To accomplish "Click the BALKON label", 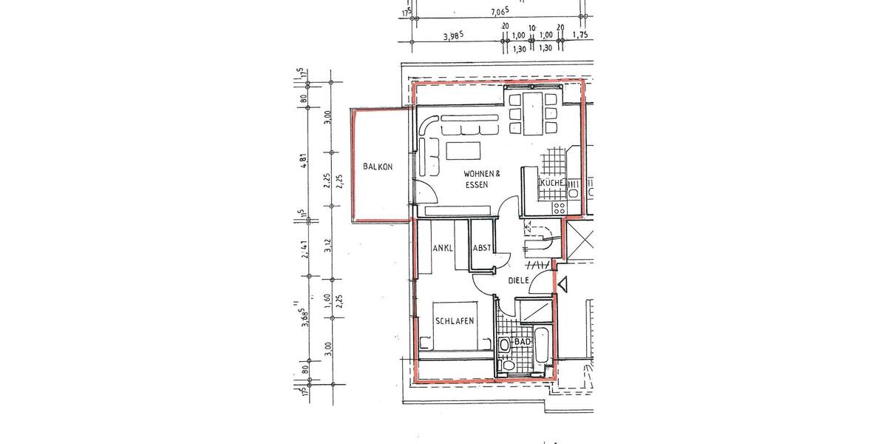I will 378,167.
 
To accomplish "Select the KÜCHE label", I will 553,183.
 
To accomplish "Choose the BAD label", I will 523,342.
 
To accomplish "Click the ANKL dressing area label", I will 443,248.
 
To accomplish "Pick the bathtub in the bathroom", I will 541,347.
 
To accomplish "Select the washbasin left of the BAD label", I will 506,345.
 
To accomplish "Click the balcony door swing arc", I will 424,190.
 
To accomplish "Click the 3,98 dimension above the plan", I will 452,35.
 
